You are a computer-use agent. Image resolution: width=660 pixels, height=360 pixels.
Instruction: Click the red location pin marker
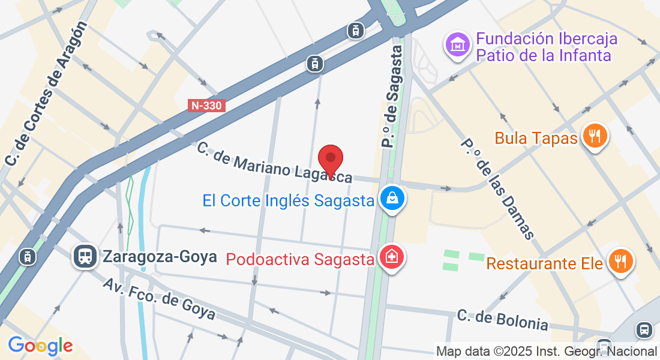click(330, 160)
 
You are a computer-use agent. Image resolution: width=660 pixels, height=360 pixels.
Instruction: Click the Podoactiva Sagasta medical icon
click(392, 259)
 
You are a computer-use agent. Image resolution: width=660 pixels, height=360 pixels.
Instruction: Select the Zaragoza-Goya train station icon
click(85, 256)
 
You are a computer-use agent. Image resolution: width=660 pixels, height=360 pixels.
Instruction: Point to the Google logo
click(40, 345)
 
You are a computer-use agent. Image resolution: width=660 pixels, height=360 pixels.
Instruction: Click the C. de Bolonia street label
click(502, 320)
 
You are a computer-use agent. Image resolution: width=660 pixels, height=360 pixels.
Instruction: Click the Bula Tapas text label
click(536, 139)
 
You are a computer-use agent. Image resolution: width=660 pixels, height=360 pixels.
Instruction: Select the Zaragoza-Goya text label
click(160, 257)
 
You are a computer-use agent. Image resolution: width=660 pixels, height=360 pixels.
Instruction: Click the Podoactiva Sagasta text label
click(300, 259)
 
